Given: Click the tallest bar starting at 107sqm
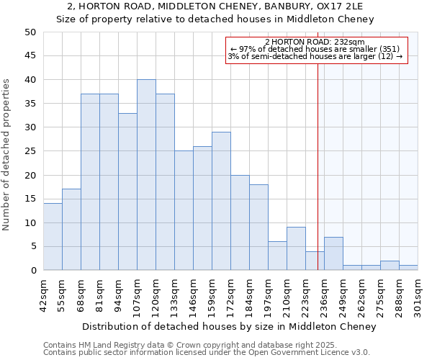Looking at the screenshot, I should pos(146,175).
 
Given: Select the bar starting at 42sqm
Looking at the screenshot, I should pos(53,237).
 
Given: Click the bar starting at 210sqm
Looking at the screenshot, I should pos(296,248).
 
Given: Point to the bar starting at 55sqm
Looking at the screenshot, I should pos(71,230).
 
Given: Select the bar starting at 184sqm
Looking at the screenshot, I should pos(258,228).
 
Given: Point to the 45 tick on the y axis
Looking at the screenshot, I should pos(30,56).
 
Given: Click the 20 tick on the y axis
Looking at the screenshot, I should pos(30,175).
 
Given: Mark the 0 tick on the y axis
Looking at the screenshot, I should pos(32,271).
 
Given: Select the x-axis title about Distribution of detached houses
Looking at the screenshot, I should pos(229,326).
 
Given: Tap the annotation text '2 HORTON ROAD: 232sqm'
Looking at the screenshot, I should pos(315,42).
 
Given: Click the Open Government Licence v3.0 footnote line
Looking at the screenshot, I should pos(207,352).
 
